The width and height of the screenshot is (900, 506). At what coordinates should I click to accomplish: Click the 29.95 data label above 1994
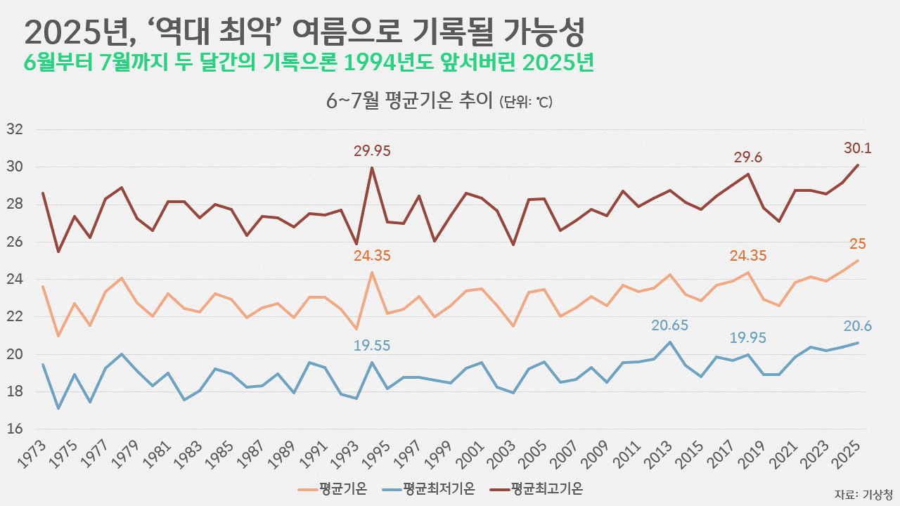372,151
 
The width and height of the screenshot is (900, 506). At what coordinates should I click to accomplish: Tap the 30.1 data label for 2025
857,148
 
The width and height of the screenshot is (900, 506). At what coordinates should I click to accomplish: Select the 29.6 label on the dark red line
747,157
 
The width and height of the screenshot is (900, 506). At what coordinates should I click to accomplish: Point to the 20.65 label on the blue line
669,326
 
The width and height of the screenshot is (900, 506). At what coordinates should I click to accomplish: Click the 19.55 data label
372,345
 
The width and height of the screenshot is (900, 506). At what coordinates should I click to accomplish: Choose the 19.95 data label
747,338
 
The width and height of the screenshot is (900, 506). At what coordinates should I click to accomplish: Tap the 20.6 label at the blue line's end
856,326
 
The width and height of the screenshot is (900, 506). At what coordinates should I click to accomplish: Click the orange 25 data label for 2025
857,244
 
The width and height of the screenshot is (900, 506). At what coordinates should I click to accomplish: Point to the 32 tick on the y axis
15,129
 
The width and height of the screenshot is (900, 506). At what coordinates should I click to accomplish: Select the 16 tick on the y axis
15,429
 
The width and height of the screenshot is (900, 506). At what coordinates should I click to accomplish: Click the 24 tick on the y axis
15,279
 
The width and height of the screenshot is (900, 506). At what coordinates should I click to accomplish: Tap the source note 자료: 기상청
863,493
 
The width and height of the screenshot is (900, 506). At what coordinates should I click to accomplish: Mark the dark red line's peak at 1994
372,167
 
